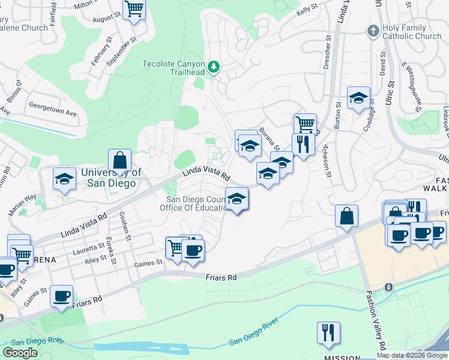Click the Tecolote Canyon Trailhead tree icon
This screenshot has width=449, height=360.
(214, 67)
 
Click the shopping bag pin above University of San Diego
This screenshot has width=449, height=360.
(120, 161)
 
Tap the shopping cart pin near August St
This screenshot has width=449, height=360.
(134, 10)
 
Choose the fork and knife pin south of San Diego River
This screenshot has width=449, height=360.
(328, 334)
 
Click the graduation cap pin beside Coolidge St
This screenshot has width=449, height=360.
(358, 98)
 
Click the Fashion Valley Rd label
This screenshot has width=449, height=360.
(374, 317)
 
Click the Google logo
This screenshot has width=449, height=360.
(20, 353)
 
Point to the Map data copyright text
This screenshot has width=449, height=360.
(412, 355)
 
